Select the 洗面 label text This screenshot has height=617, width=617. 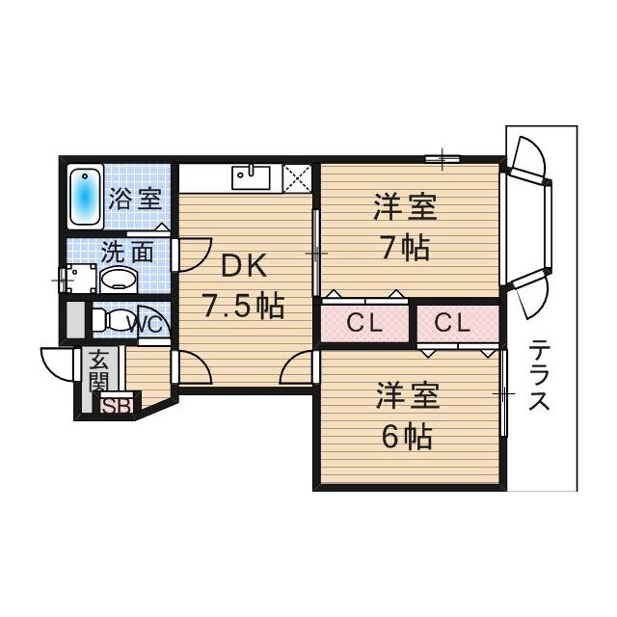(127, 253)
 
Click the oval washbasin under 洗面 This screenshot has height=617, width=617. (119, 281)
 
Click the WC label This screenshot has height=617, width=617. (147, 322)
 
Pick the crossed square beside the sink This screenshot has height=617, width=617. (296, 177)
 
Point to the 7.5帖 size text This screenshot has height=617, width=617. (242, 306)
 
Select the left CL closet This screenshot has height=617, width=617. (365, 324)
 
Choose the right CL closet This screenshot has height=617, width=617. (450, 324)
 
